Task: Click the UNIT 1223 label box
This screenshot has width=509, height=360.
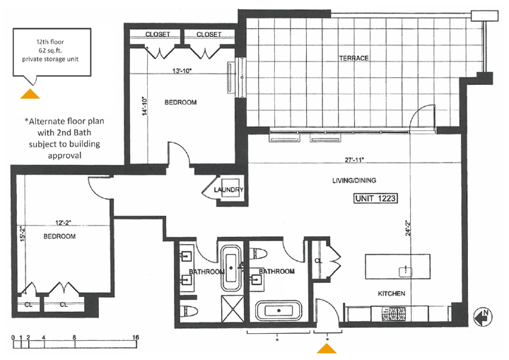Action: pyautogui.click(x=375, y=198)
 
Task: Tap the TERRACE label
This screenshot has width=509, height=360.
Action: pyautogui.click(x=354, y=59)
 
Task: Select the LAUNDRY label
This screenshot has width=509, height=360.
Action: pyautogui.click(x=228, y=190)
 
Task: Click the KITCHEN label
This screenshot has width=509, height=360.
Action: pyautogui.click(x=392, y=294)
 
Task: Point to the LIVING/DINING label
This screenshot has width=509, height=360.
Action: pyautogui.click(x=354, y=180)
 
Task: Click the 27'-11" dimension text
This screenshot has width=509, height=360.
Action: pyautogui.click(x=354, y=160)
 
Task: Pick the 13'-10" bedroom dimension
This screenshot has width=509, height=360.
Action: pyautogui.click(x=182, y=71)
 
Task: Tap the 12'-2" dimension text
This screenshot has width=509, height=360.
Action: pyautogui.click(x=63, y=223)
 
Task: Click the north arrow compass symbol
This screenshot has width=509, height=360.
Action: pyautogui.click(x=484, y=316)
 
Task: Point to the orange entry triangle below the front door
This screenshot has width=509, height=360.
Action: pyautogui.click(x=327, y=348)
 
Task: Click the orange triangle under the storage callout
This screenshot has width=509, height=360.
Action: pyautogui.click(x=30, y=93)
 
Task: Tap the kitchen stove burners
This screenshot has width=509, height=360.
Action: pyautogui.click(x=394, y=314)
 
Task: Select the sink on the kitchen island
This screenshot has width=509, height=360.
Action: pyautogui.click(x=406, y=272)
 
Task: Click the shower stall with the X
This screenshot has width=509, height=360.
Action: pyautogui.click(x=233, y=308)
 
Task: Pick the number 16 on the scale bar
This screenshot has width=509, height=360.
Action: pyautogui.click(x=136, y=337)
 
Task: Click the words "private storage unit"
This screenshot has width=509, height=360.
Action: pyautogui.click(x=50, y=59)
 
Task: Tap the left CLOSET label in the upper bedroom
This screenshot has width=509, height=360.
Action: pyautogui.click(x=158, y=34)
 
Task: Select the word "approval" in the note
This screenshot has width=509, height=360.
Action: pyautogui.click(x=64, y=156)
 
